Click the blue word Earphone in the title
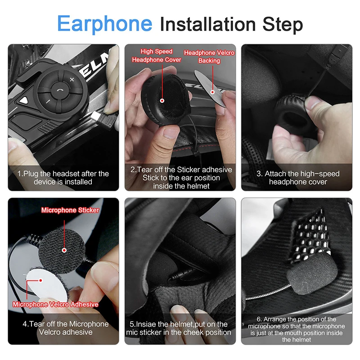[x=105, y=23]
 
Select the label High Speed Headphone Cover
[x=157, y=56]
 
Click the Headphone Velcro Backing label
[x=209, y=57]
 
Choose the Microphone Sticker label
[x=70, y=210]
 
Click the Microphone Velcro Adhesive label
[x=55, y=305]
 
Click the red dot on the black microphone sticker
[x=64, y=250]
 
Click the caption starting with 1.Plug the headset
[x=63, y=178]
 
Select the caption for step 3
[x=298, y=178]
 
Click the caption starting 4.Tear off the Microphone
[x=63, y=328]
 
